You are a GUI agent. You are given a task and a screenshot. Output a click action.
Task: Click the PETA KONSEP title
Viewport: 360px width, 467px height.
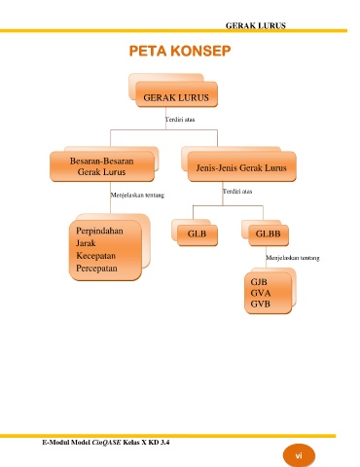180,51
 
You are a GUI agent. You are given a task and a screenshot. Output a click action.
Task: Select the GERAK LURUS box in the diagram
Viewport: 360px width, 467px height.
176,94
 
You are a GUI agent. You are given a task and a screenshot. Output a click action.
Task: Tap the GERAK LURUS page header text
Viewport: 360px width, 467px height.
256,25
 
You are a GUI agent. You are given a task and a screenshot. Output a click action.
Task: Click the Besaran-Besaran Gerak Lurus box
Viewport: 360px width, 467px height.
102,166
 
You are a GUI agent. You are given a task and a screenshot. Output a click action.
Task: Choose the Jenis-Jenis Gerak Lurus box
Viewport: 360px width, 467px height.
241,166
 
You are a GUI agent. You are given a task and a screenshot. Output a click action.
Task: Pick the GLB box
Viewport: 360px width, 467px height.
198,235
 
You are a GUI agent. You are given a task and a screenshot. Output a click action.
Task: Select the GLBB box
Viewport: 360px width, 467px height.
269,235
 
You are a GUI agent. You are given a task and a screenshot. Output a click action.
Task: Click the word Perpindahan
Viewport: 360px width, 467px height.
99,231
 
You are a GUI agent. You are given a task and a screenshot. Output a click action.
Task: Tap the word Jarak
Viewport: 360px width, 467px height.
86,243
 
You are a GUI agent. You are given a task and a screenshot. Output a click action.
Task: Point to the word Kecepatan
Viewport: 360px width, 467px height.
95,256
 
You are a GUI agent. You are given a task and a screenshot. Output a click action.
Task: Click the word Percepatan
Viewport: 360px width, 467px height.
96,269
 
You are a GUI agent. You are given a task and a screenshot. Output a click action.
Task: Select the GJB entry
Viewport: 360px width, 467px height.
259,282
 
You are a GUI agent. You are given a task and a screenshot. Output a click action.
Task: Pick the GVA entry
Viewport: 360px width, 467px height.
261,293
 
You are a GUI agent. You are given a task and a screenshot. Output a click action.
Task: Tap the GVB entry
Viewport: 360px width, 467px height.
260,304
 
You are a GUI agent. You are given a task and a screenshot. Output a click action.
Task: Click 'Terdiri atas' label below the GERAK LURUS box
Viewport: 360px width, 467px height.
180,120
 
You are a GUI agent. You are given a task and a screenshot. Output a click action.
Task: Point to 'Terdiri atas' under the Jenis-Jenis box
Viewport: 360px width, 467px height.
237,191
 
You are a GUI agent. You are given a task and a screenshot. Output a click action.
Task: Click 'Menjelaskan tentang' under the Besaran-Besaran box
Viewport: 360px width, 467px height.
137,196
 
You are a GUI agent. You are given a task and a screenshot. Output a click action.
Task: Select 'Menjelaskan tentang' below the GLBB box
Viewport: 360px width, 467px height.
293,258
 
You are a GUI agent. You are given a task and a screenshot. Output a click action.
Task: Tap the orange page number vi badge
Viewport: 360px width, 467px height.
299,455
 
